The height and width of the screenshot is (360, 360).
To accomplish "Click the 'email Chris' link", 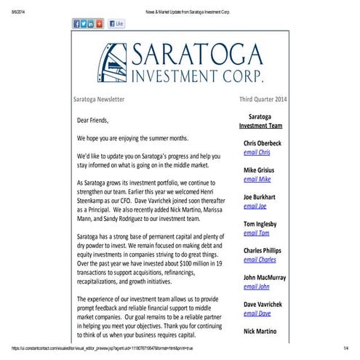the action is pyautogui.click(x=257, y=152).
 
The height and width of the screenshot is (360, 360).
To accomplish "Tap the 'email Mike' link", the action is pyautogui.click(x=256, y=179).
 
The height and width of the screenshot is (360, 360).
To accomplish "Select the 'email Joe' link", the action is pyautogui.click(x=255, y=206).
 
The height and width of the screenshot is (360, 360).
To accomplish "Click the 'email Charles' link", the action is pyautogui.click(x=260, y=260).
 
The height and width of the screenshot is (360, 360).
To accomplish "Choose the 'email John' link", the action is pyautogui.click(x=256, y=287).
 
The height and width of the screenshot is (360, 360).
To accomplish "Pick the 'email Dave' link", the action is pyautogui.click(x=257, y=313).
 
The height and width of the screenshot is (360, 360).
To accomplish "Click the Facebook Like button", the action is pyautogui.click(x=116, y=24).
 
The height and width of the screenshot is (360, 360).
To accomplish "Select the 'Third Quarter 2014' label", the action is pyautogui.click(x=265, y=99).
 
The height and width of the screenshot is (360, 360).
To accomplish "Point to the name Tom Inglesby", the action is pyautogui.click(x=264, y=223).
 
